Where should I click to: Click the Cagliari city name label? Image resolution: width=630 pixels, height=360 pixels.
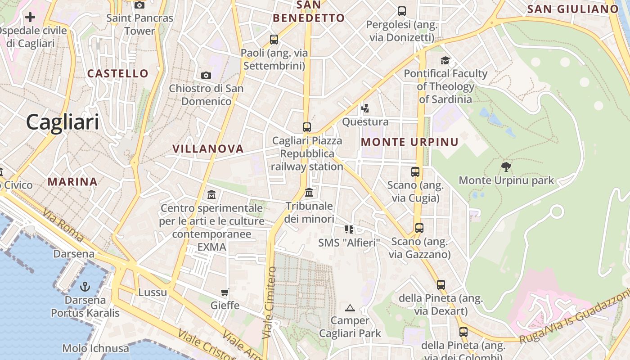[x=62, y=122]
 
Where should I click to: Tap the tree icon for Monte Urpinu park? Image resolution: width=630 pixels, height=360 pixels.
[x=506, y=167]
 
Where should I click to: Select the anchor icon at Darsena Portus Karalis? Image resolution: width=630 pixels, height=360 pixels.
[x=85, y=287]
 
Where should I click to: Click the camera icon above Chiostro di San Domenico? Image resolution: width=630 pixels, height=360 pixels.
[x=206, y=75]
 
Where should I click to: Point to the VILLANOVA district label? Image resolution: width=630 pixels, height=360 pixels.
[x=208, y=149]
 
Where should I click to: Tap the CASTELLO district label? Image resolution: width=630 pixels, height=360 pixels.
[x=118, y=73]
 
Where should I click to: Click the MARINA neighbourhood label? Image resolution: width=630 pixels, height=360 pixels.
[x=72, y=182]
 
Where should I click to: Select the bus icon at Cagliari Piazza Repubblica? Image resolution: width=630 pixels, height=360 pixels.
[x=307, y=127]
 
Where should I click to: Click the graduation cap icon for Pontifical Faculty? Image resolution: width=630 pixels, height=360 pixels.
[x=445, y=60]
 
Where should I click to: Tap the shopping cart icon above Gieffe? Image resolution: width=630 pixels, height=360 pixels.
[x=225, y=292]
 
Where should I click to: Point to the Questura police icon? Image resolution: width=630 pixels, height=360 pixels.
[x=365, y=108]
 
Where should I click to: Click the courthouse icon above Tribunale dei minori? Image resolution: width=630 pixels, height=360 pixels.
[x=309, y=193]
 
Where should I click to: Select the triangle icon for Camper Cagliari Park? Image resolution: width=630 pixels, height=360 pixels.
[x=350, y=308]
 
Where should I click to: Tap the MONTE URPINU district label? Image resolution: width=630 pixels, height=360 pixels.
[x=409, y=142]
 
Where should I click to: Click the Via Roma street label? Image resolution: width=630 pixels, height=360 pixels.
[x=63, y=225]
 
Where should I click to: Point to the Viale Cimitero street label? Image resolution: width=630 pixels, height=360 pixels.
[x=269, y=302]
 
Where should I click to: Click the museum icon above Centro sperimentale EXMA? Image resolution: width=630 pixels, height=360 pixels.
[x=211, y=195]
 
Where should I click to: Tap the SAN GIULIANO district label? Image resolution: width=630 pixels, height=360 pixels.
[x=573, y=9]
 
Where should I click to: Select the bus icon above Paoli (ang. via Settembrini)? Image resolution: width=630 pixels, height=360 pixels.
[x=274, y=40]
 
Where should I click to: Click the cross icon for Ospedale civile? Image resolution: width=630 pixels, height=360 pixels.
[x=30, y=18]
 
